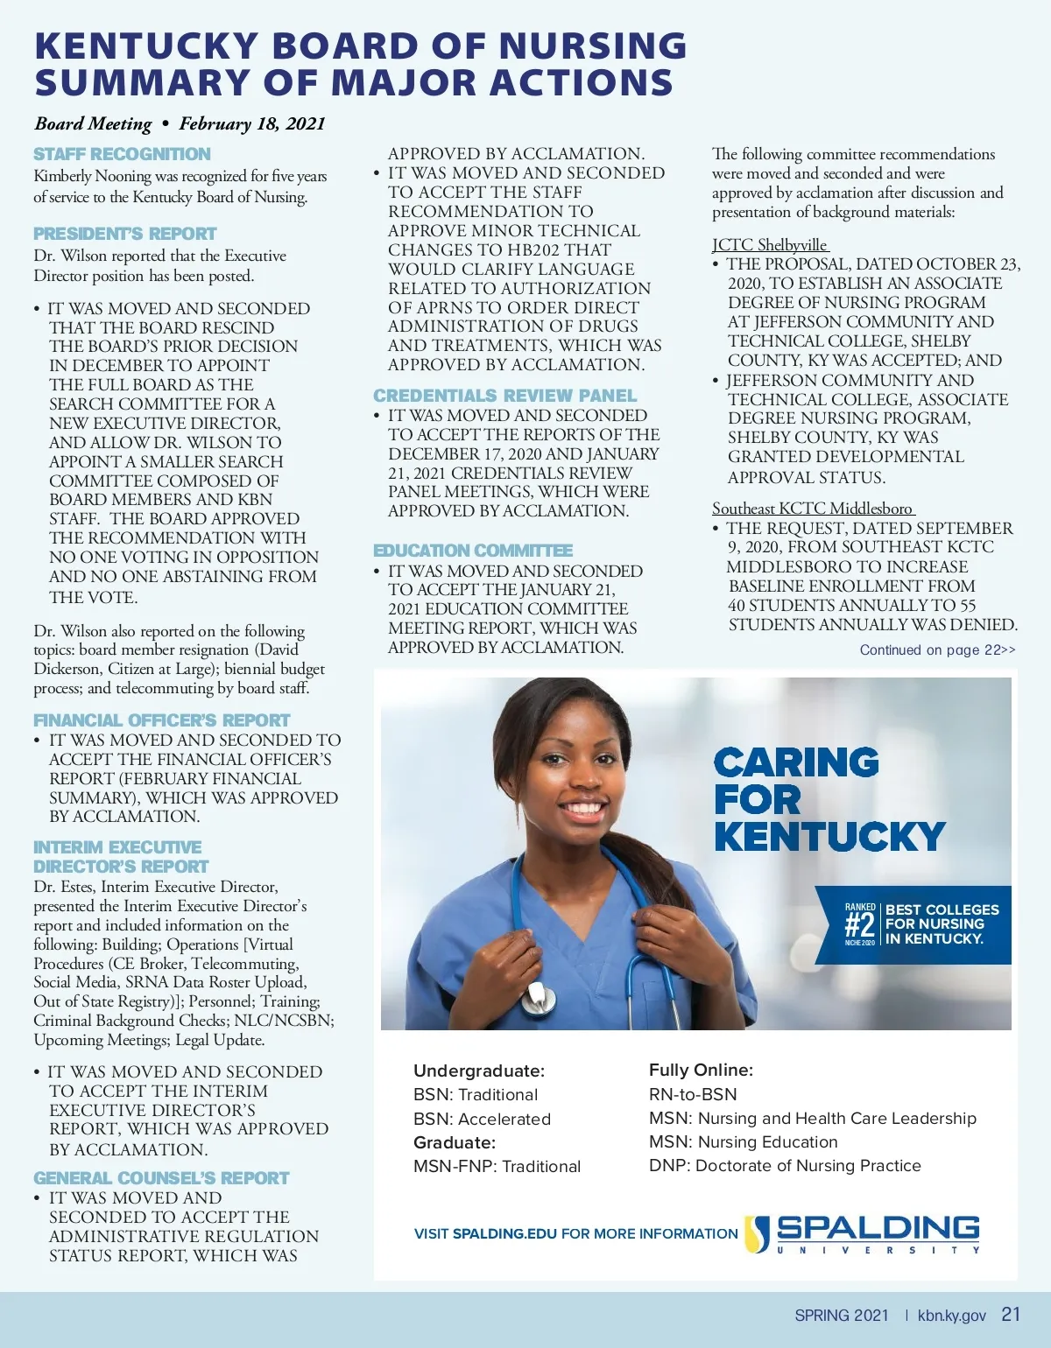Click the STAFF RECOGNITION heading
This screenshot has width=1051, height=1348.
(122, 154)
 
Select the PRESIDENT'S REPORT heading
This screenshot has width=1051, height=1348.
(124, 234)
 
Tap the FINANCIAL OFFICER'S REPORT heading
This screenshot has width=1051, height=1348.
(161, 720)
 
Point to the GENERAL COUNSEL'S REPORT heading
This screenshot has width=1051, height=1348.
(161, 1178)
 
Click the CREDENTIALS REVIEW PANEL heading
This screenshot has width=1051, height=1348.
(504, 396)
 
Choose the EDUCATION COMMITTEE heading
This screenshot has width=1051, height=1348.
(473, 551)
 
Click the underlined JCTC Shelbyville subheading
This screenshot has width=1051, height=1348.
(770, 245)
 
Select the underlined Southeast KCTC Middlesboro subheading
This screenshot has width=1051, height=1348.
(813, 509)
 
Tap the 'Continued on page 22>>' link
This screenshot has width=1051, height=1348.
(937, 649)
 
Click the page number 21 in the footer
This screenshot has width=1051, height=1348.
(1011, 1314)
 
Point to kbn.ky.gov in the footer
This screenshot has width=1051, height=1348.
(951, 1316)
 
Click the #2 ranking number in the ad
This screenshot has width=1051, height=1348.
(859, 924)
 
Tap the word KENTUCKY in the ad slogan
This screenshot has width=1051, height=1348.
(829, 837)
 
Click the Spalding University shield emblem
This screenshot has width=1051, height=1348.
(758, 1232)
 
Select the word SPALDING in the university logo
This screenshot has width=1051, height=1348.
(878, 1227)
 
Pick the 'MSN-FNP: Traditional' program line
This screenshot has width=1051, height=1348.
(497, 1166)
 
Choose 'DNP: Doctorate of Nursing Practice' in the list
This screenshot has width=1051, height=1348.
(785, 1166)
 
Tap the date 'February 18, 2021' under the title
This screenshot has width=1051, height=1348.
(252, 123)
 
